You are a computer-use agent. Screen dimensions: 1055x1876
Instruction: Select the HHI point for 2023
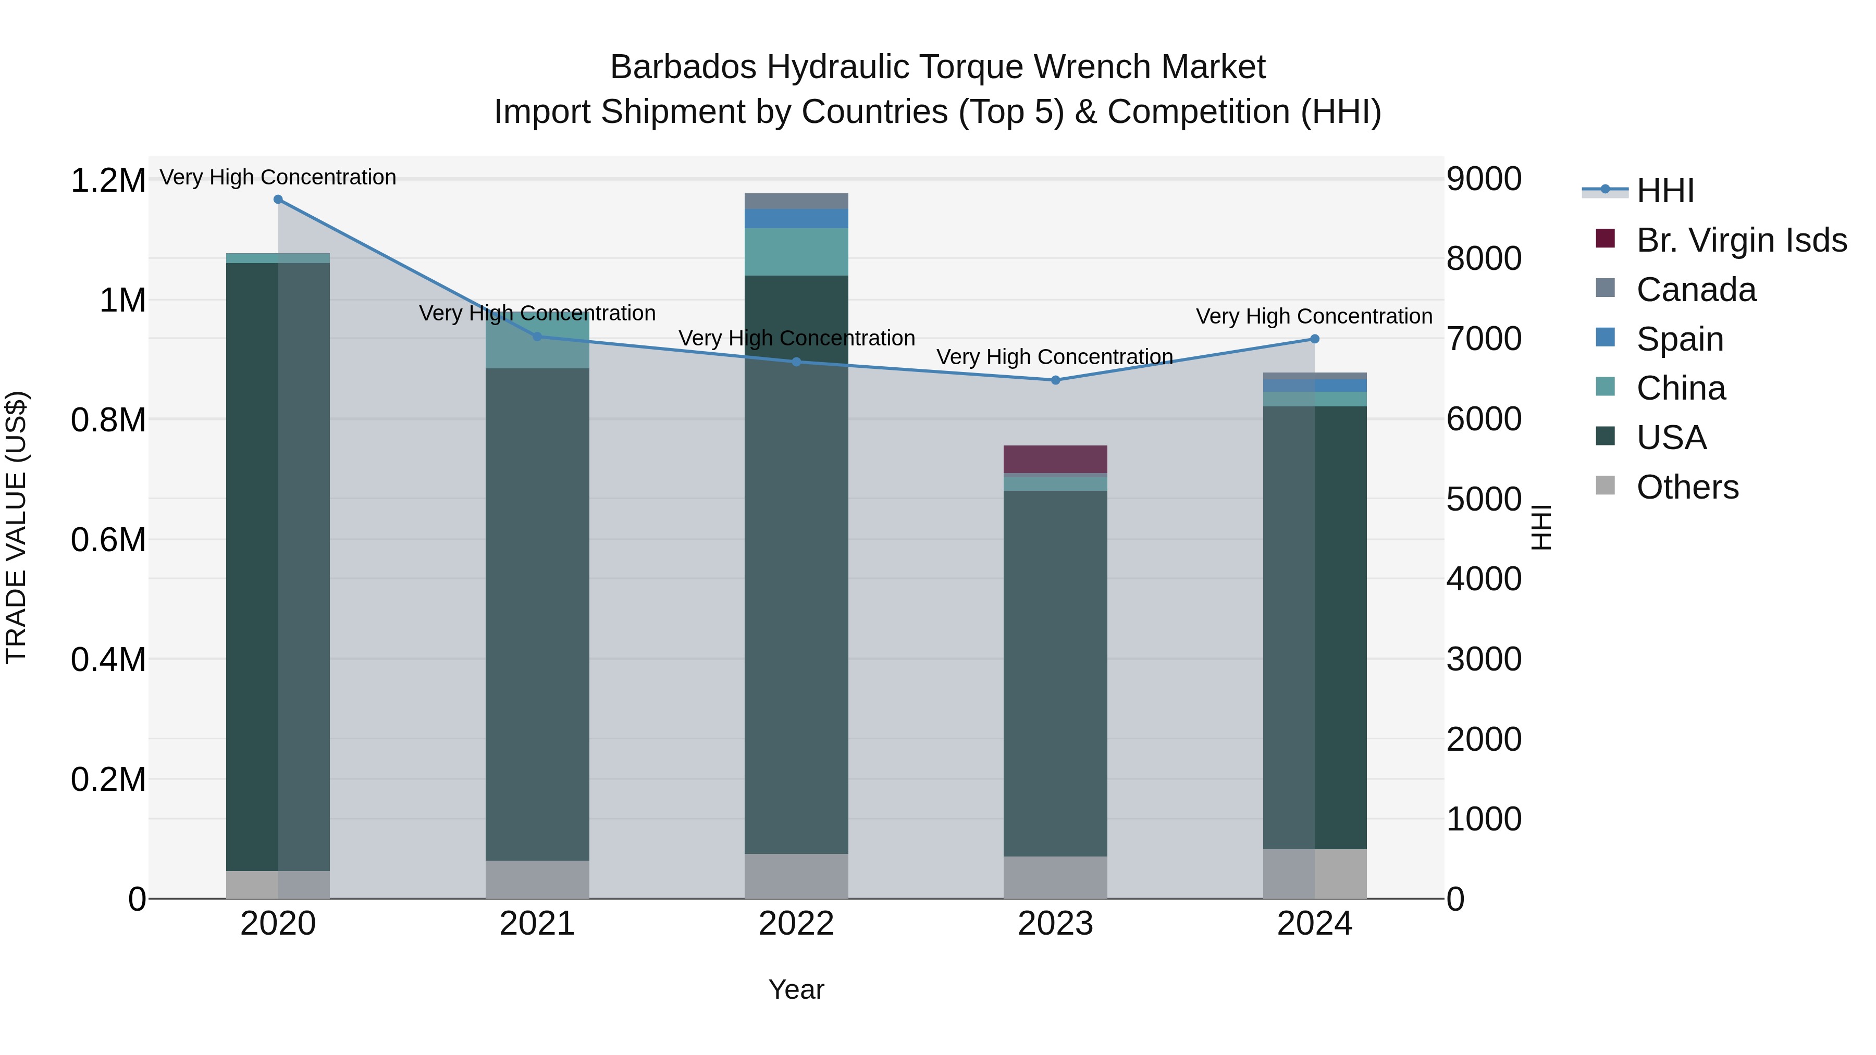pos(1055,380)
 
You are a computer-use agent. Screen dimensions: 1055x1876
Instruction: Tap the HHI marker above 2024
pos(1315,339)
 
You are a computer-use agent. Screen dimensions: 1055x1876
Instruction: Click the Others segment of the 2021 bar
pos(537,879)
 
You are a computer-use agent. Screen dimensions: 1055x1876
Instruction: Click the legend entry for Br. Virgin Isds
pos(1741,240)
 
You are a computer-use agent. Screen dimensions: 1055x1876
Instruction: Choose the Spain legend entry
pos(1680,339)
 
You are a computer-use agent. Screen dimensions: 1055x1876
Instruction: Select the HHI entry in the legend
pos(1665,191)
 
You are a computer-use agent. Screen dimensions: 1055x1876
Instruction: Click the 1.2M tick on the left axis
pos(108,181)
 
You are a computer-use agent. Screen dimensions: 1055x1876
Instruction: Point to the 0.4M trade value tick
pos(108,660)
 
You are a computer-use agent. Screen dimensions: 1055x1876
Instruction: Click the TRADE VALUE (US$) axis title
pos(16,527)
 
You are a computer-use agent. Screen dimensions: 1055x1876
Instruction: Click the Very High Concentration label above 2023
pos(1055,357)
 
